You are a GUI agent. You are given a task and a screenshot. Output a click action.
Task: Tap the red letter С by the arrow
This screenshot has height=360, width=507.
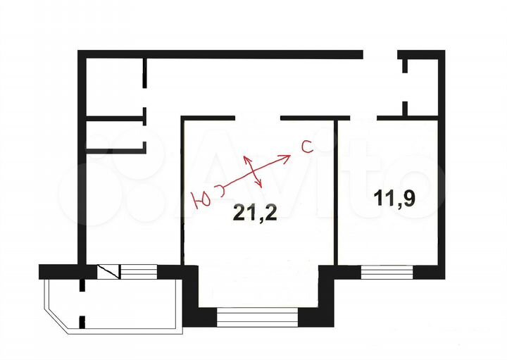(x=306, y=147)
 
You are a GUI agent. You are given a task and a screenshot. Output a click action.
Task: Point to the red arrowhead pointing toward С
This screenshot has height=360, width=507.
(x=287, y=156)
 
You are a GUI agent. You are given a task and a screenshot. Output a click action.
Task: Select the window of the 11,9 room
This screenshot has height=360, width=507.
(x=387, y=271)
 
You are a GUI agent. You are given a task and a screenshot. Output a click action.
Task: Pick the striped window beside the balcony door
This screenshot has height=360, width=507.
(x=139, y=270)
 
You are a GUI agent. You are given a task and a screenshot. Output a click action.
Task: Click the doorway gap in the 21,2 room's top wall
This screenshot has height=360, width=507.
(x=258, y=117)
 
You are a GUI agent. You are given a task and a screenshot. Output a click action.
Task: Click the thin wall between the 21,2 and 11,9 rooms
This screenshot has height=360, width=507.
(x=337, y=190)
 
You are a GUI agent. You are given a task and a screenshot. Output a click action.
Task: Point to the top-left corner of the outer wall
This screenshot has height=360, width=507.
(x=82, y=54)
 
